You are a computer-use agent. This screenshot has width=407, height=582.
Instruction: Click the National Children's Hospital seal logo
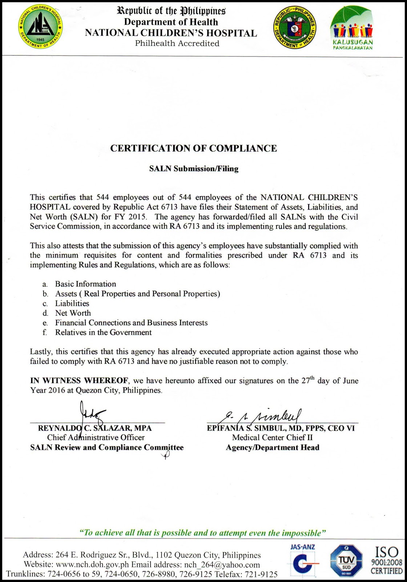pos(41,28)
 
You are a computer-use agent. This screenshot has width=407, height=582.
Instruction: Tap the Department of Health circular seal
pos(294,28)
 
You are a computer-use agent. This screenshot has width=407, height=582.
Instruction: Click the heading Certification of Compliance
pos(193,148)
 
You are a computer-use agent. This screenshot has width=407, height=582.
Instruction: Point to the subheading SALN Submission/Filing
pos(194,169)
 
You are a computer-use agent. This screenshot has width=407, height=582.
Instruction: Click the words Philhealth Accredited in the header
pos(177,44)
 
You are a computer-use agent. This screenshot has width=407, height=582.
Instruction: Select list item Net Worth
pos(73,313)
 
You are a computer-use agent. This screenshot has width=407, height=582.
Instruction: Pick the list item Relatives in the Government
pos(103,332)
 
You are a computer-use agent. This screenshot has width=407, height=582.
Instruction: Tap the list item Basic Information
pos(85,284)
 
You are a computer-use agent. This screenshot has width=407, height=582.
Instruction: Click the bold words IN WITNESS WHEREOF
pos(79,381)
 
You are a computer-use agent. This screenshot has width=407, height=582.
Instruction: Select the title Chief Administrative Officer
pos(96,438)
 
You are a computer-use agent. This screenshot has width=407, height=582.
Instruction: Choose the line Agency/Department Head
pos(272,448)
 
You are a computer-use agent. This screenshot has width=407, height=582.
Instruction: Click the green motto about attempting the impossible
pos(202,533)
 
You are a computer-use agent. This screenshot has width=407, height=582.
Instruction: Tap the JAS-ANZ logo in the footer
pos(302,560)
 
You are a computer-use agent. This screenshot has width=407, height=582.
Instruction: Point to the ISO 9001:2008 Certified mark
pos(386,561)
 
